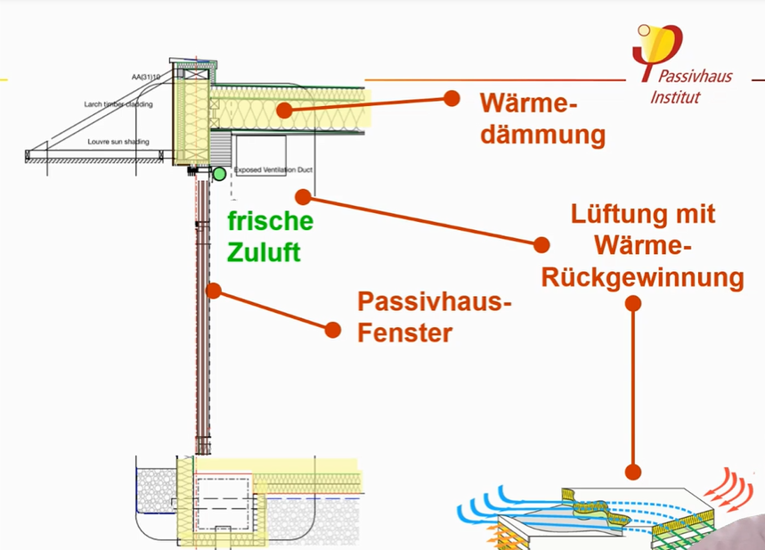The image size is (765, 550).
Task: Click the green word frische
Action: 269,220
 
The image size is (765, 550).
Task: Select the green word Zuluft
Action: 263,252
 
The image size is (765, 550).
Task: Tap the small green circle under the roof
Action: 218,173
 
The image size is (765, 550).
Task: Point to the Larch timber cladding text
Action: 119,104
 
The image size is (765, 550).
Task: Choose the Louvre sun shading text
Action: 122,142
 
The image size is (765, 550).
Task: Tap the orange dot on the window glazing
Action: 213,290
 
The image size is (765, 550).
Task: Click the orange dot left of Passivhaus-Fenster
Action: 332,330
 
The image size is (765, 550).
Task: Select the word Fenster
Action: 404,334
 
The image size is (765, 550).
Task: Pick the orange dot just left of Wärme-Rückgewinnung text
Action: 541,244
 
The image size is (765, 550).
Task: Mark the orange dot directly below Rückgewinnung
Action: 633,303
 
